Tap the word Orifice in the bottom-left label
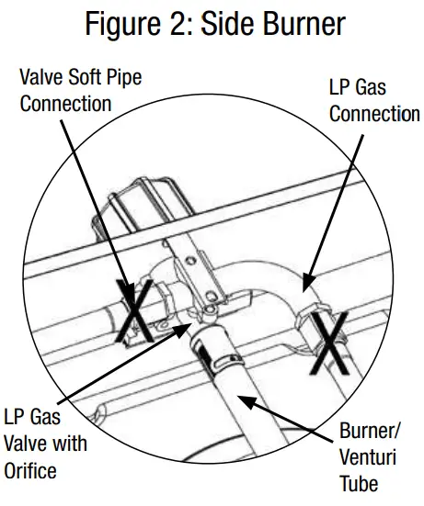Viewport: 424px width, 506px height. [30, 471]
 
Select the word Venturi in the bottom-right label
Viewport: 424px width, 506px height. [367, 456]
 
